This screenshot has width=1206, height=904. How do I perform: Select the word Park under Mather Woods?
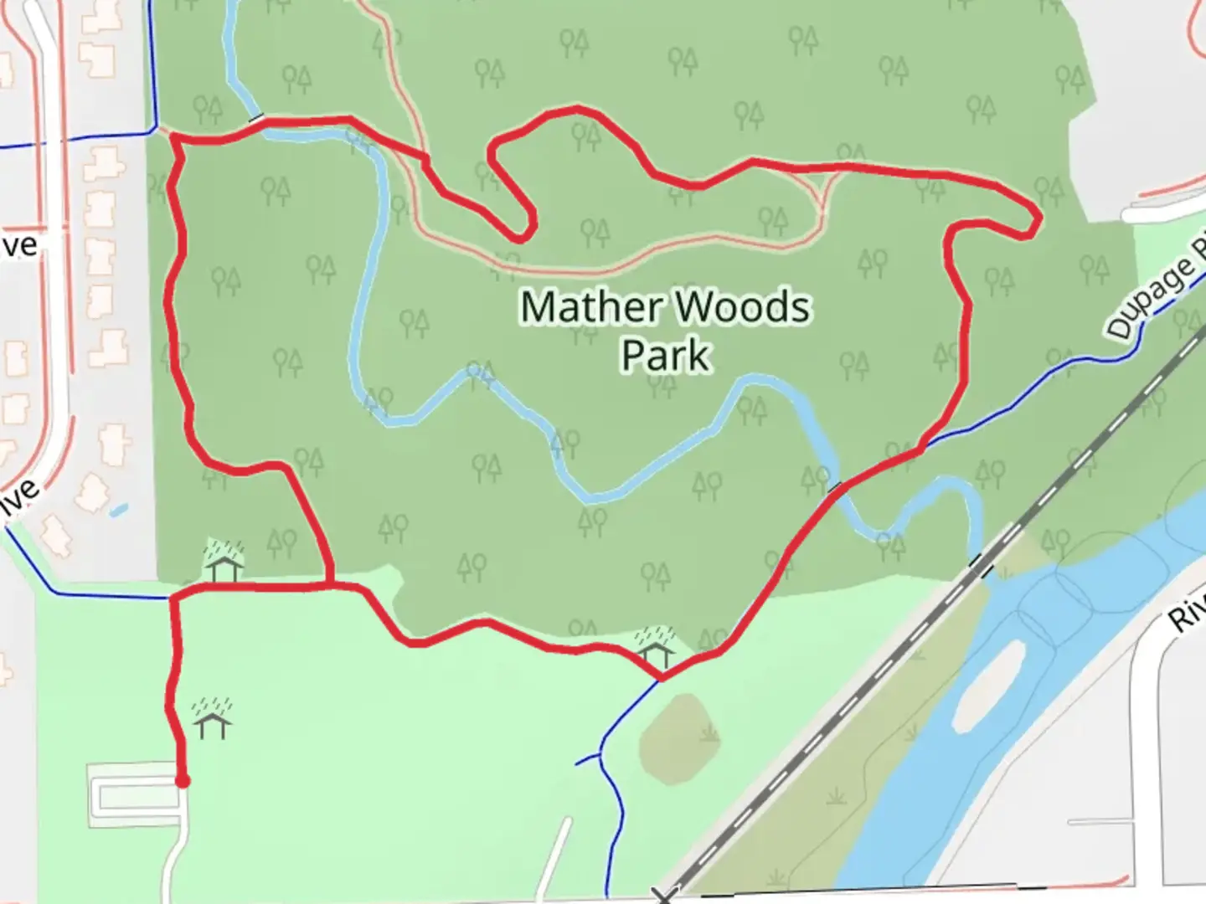[666, 355]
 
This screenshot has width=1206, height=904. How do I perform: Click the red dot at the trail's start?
[182, 781]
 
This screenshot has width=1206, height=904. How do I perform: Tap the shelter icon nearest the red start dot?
[213, 719]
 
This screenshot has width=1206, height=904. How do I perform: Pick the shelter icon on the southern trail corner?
[655, 645]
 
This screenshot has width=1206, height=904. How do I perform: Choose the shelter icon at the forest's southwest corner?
[224, 562]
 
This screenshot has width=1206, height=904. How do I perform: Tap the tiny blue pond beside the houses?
[119, 509]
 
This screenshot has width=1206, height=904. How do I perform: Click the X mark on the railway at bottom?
[663, 896]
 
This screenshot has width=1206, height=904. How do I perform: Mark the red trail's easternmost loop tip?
[1038, 220]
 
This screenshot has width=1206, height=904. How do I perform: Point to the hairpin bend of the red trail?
[528, 228]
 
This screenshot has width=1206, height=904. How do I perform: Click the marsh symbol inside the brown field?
[709, 734]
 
